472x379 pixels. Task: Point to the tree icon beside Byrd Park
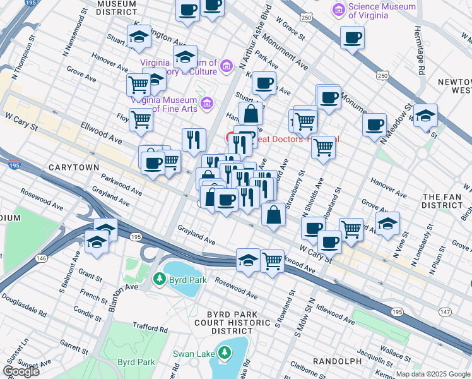(160, 279)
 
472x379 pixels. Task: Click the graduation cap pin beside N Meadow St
(426, 116)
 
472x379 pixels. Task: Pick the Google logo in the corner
(21, 371)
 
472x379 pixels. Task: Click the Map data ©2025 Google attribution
(432, 374)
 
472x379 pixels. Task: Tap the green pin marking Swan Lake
(225, 354)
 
